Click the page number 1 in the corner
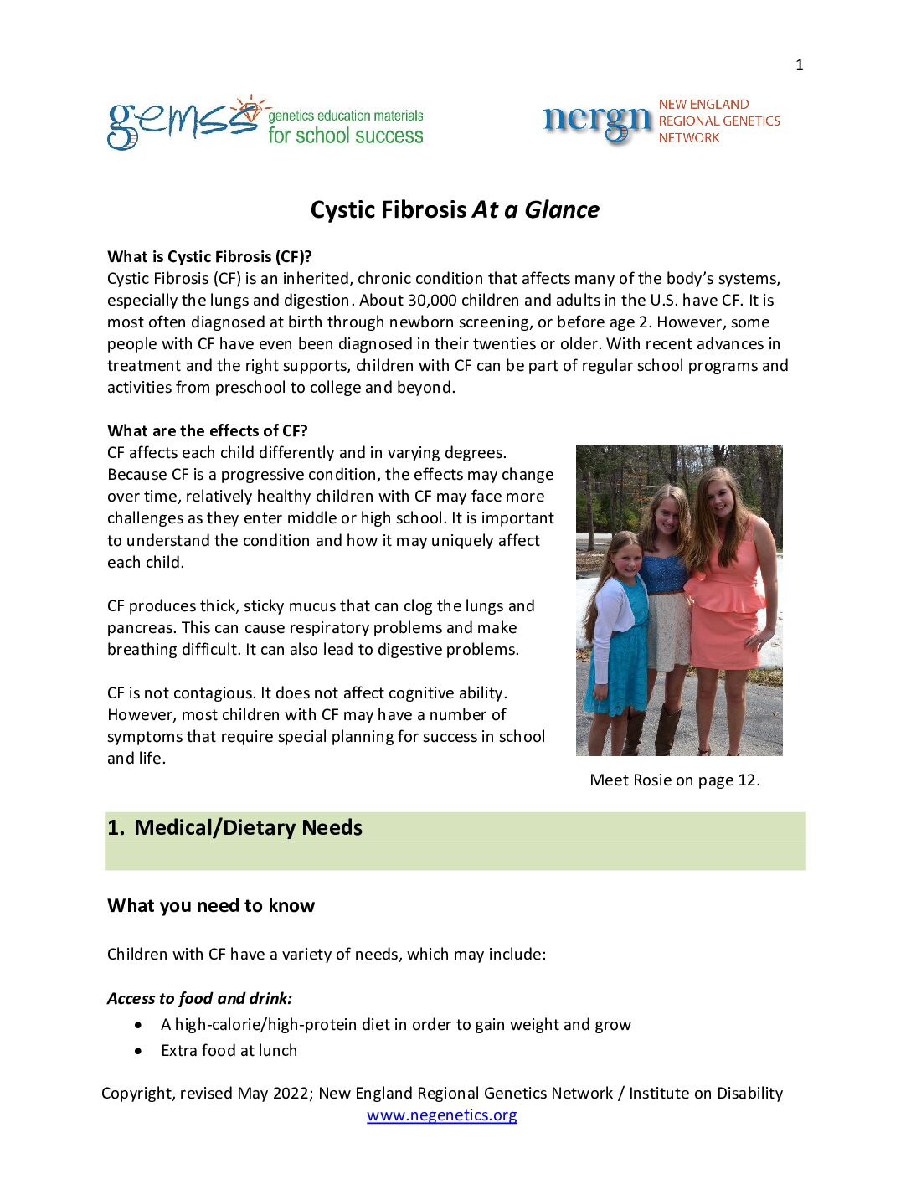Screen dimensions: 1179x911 tap(800, 64)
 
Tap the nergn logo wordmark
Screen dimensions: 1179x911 tap(597, 121)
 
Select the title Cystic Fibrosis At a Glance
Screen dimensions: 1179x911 tap(455, 209)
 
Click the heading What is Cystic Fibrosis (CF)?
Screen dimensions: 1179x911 tap(209, 256)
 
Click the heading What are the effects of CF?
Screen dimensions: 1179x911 tap(207, 430)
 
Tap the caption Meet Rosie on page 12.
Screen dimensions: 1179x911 tap(675, 780)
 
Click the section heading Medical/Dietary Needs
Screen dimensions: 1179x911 tap(248, 827)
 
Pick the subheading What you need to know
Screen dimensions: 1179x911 tap(211, 905)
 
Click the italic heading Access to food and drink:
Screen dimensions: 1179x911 tap(199, 998)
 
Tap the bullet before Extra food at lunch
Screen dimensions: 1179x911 tap(138, 1051)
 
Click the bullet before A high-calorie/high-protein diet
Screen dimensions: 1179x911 tap(138, 1025)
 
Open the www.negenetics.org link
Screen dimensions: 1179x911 tap(441, 1115)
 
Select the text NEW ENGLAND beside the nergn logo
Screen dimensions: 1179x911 tap(703, 105)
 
